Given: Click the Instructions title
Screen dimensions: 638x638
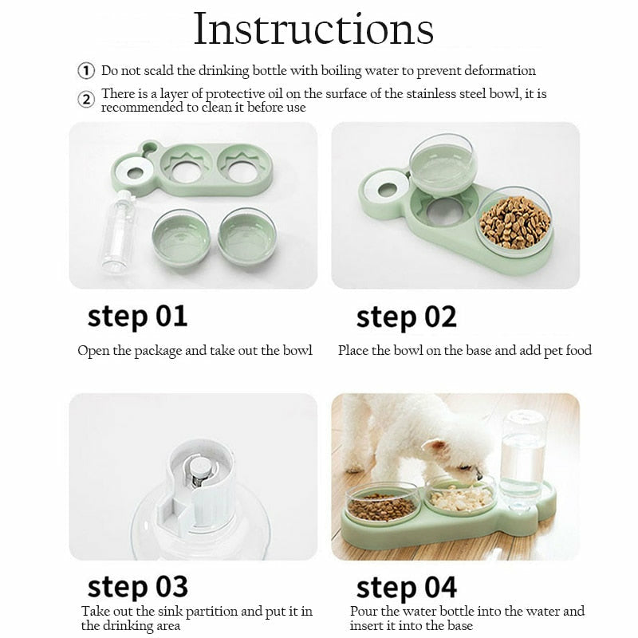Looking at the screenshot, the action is click(x=313, y=29).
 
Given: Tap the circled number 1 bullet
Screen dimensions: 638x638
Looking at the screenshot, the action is click(x=86, y=71).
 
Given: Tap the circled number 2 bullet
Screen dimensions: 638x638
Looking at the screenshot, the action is click(x=86, y=100).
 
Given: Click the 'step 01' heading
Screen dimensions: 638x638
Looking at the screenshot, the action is click(x=137, y=317).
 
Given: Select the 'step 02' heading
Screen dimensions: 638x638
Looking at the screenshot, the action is click(x=407, y=317).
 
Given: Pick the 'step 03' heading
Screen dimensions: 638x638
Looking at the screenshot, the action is click(x=137, y=587).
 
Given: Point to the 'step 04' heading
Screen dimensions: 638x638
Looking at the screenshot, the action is click(x=407, y=589).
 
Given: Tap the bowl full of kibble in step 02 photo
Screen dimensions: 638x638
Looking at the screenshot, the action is click(x=514, y=222).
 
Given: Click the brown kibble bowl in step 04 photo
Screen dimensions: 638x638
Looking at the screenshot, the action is click(x=382, y=503).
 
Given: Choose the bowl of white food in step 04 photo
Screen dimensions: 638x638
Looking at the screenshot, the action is click(x=461, y=495).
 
